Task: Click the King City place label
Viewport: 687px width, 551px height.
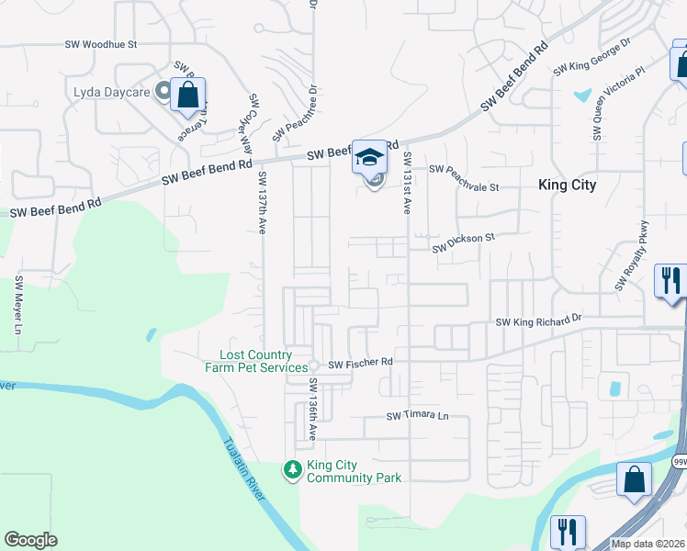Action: click(567, 185)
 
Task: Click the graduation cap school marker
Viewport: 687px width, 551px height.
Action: click(370, 157)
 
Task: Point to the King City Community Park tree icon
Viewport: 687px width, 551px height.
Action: click(293, 470)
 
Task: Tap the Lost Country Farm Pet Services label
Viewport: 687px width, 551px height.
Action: click(255, 362)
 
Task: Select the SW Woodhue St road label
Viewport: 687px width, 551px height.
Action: click(102, 44)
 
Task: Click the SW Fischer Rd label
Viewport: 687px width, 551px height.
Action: click(361, 364)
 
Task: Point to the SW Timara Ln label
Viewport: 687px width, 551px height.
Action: click(417, 416)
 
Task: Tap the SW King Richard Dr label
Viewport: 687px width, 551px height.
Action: click(538, 321)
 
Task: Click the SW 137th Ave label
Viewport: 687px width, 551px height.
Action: click(263, 201)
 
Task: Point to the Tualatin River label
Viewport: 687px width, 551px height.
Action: click(244, 468)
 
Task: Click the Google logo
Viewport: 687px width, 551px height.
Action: click(31, 540)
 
